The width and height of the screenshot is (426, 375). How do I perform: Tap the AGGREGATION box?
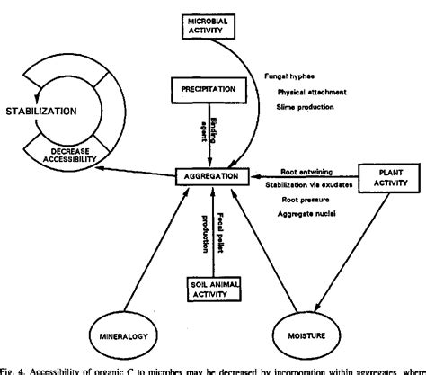(x=211, y=176)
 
